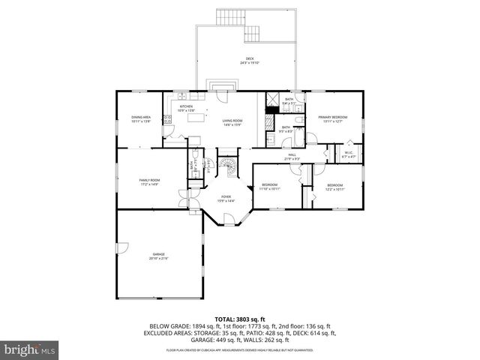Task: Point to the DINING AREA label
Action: coord(141,118)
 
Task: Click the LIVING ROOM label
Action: coord(232,121)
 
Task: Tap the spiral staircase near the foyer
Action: coord(226,166)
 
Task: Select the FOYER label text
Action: coord(226,198)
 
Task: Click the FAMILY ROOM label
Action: coord(149,181)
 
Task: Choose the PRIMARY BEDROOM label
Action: coord(330,118)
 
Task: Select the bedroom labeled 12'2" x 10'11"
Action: coord(334,187)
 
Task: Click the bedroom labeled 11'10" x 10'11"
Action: coord(270,187)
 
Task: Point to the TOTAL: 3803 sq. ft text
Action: coord(240,319)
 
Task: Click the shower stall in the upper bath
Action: coord(271,99)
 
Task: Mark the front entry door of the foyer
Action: coord(225,222)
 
